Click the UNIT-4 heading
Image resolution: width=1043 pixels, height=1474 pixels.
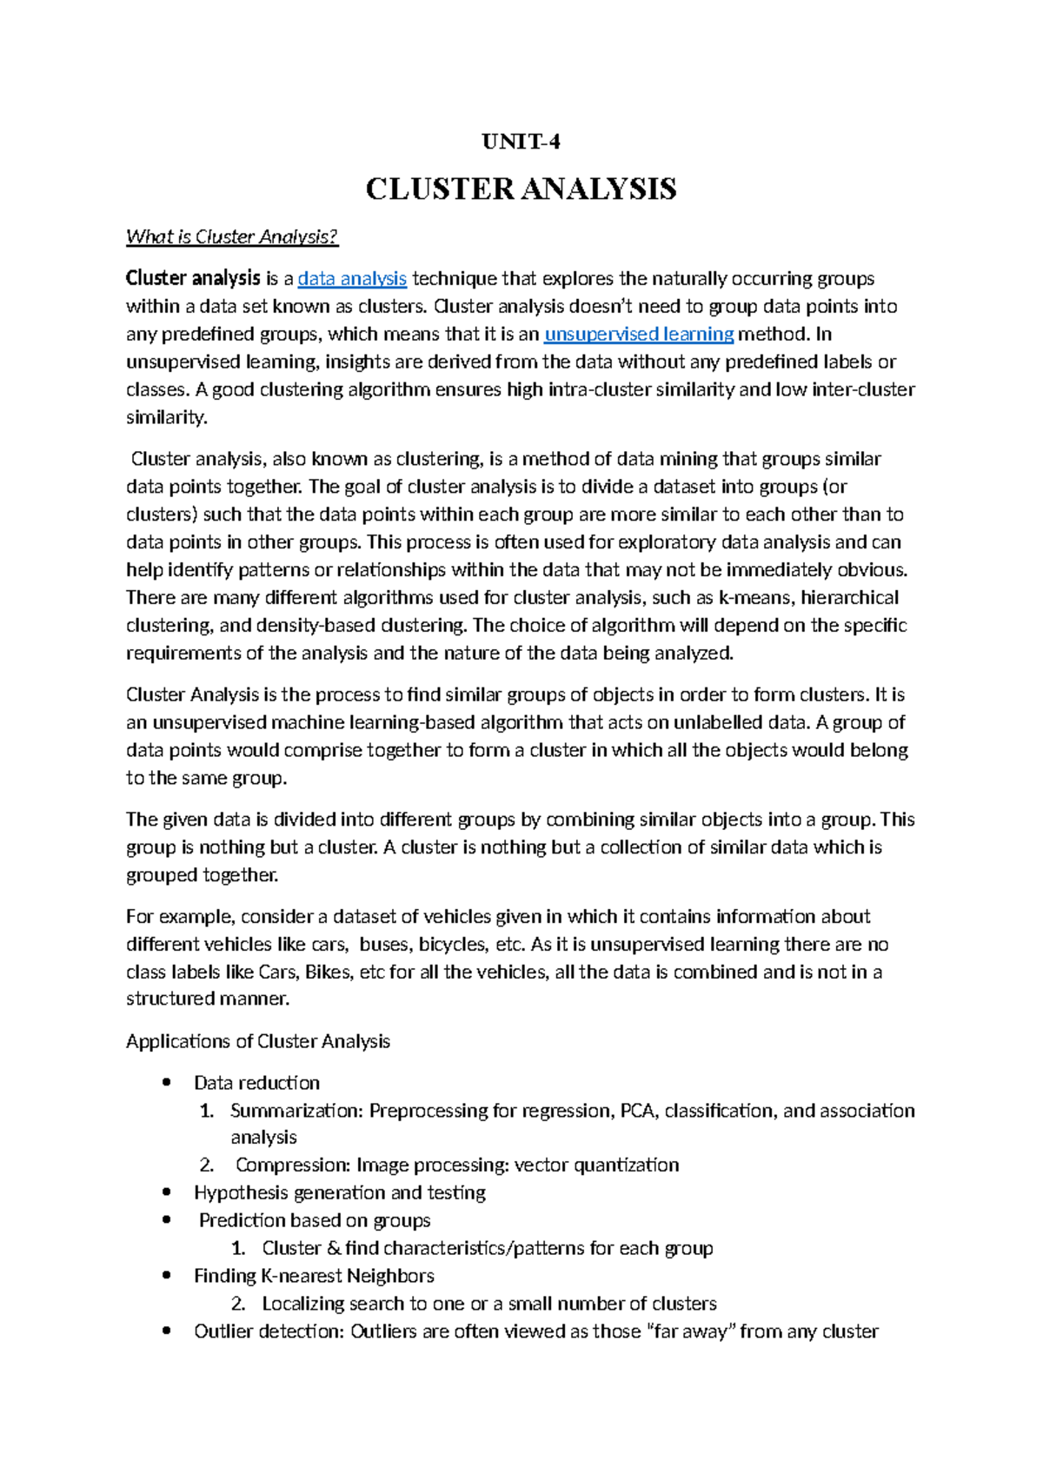[521, 142]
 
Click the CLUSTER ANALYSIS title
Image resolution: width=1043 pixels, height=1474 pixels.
[521, 189]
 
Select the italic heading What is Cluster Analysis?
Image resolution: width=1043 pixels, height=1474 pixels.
[231, 236]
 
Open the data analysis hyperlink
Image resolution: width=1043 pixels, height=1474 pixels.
[352, 278]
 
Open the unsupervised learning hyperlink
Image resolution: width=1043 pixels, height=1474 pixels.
[639, 334]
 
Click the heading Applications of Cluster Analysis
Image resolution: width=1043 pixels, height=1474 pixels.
[257, 1041]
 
